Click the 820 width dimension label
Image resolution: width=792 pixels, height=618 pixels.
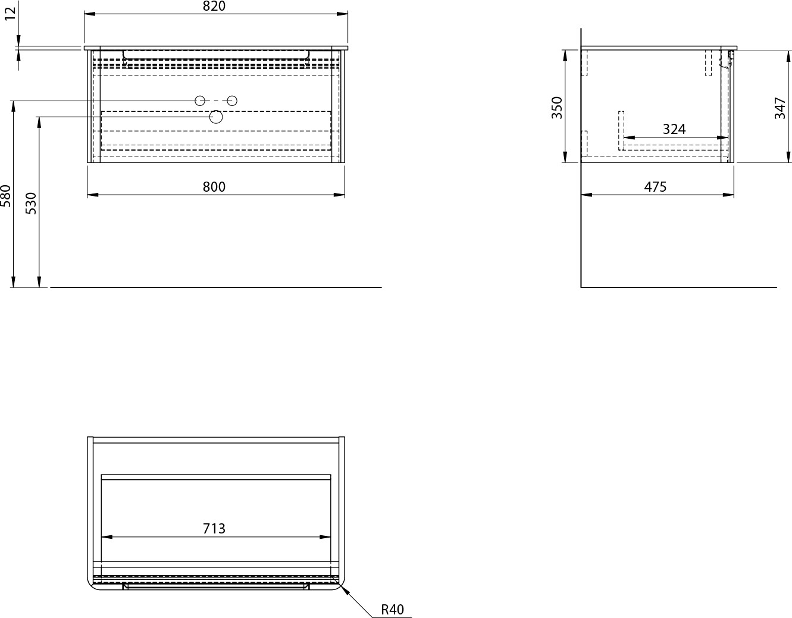pyautogui.click(x=214, y=7)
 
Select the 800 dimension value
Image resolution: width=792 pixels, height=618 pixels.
pyautogui.click(x=214, y=187)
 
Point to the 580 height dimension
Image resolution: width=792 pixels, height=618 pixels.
pyautogui.click(x=6, y=196)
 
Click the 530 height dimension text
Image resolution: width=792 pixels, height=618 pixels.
pyautogui.click(x=32, y=203)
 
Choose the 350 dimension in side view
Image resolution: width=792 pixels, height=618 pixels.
pyautogui.click(x=557, y=108)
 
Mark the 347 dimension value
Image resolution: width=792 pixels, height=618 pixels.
pyautogui.click(x=780, y=108)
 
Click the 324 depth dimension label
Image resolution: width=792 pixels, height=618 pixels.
pyautogui.click(x=674, y=129)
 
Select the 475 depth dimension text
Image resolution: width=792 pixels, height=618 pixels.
pyautogui.click(x=655, y=187)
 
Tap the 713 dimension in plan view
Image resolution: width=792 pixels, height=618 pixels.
pyautogui.click(x=214, y=529)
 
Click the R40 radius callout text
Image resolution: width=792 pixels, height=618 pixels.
pyautogui.click(x=392, y=610)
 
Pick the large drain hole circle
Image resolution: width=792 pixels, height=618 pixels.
pyautogui.click(x=216, y=117)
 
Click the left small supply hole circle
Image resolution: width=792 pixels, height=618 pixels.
pyautogui.click(x=200, y=101)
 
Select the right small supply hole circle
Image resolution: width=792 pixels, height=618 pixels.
pyautogui.click(x=232, y=101)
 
